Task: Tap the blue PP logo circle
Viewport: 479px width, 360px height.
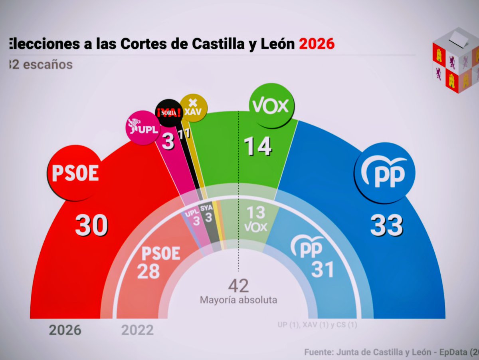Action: (384, 173)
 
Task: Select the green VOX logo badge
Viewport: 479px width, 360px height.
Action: (271, 105)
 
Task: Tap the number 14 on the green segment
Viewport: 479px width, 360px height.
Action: (258, 146)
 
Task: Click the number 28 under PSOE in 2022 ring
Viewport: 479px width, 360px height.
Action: (148, 271)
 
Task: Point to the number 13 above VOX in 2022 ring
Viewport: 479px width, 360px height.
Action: (255, 213)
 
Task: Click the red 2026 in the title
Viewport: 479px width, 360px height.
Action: (317, 44)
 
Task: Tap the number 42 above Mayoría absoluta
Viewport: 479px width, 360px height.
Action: (238, 286)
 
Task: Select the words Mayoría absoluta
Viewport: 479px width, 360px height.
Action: (238, 300)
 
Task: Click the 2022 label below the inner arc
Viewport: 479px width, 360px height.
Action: (137, 330)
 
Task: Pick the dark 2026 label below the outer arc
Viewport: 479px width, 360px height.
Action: (65, 330)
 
